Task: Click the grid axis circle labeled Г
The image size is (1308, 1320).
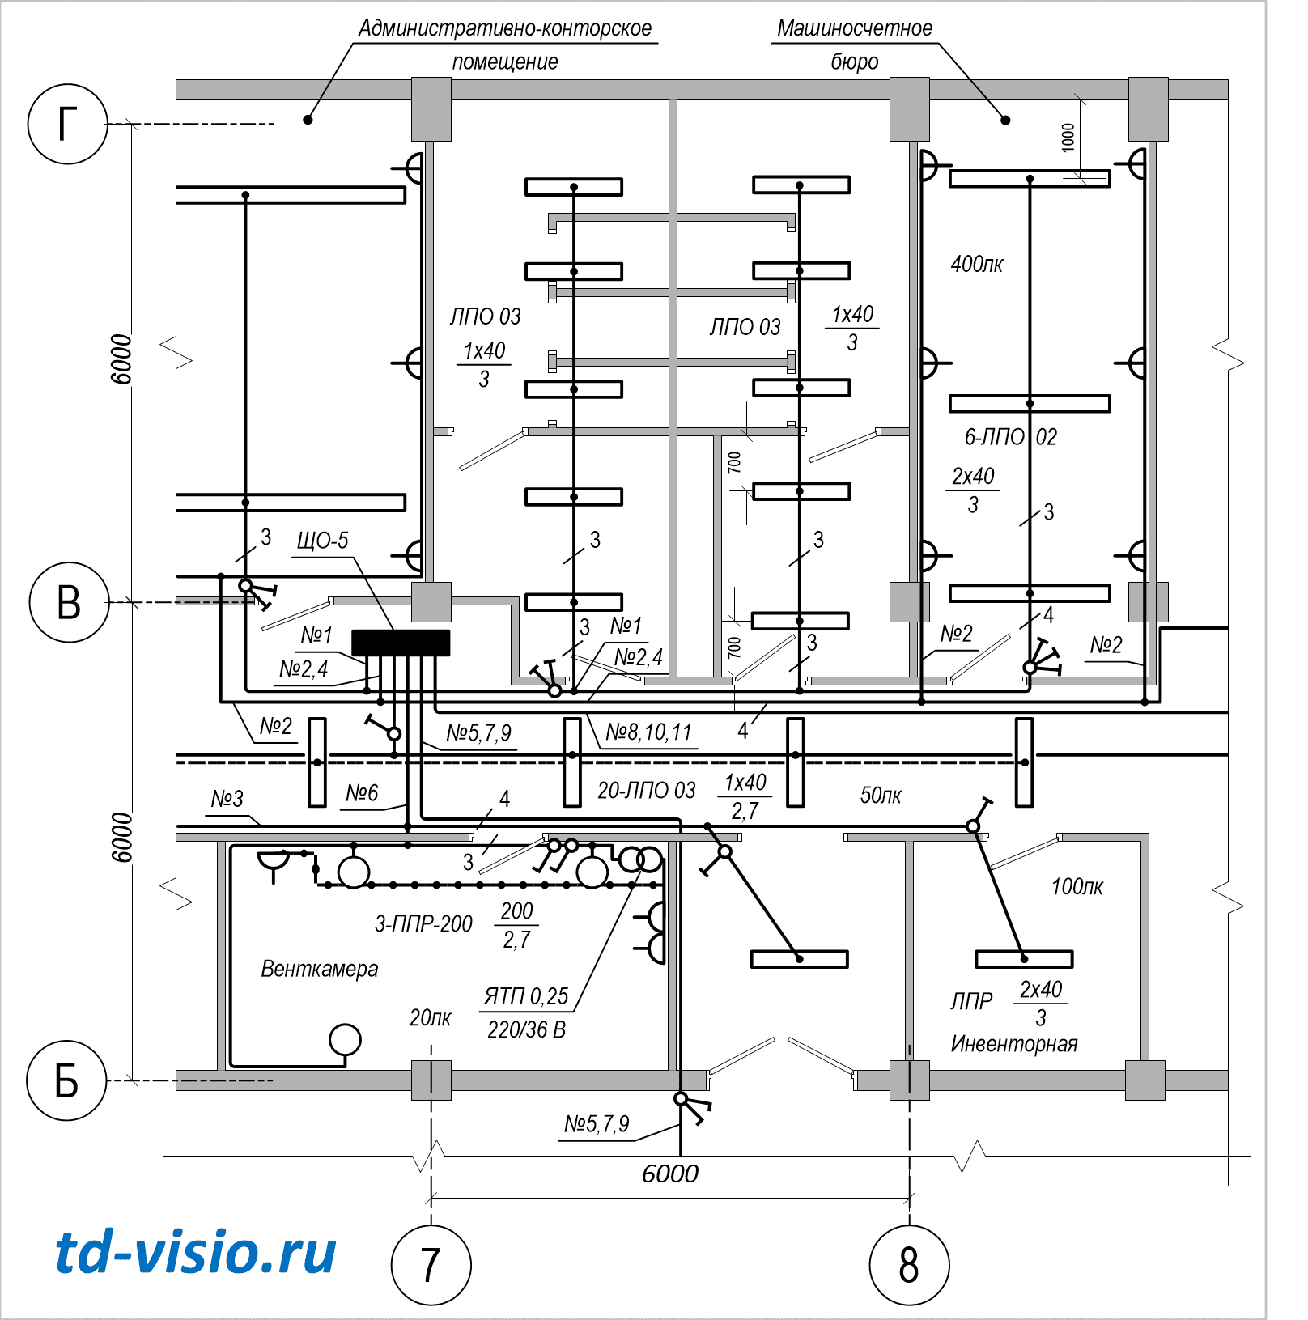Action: (x=68, y=124)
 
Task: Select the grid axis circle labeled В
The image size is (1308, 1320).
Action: (x=69, y=602)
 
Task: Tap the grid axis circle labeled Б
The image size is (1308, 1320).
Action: (x=66, y=1080)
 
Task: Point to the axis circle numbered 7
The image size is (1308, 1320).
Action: (x=431, y=1265)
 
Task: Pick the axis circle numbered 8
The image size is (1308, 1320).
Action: (x=909, y=1265)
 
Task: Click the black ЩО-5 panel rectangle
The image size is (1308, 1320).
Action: (x=401, y=643)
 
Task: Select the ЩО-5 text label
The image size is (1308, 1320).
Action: (x=322, y=541)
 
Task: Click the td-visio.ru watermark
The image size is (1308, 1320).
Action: (x=195, y=1253)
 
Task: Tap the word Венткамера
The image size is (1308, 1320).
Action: (x=319, y=969)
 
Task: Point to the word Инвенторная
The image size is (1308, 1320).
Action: (x=1013, y=1044)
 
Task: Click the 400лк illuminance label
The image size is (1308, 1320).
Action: (x=976, y=265)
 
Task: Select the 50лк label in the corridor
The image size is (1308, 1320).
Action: (x=880, y=796)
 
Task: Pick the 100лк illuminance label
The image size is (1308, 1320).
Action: (x=1077, y=887)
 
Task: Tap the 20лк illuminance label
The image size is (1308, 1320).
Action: (x=430, y=1018)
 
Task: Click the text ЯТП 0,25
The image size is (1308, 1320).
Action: (x=526, y=996)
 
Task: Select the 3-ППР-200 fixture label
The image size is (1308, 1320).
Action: (x=423, y=924)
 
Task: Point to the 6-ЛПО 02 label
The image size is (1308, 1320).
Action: (x=1010, y=437)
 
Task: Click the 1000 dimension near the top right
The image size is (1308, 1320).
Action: (x=1068, y=137)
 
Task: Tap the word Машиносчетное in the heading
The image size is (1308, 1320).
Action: (x=854, y=28)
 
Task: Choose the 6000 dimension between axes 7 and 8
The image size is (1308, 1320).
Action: (x=669, y=1174)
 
